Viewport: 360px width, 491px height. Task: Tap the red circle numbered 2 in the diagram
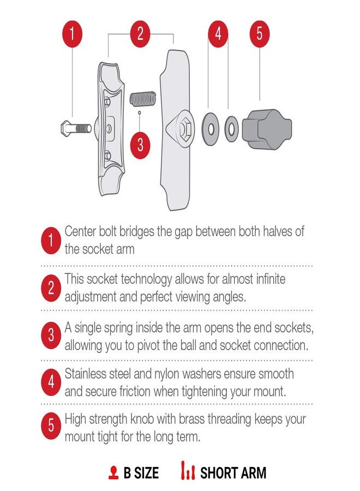[140, 33]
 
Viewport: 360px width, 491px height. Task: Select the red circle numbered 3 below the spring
[140, 145]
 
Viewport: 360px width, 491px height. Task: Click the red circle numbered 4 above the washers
[218, 33]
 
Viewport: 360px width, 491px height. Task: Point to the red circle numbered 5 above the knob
[260, 33]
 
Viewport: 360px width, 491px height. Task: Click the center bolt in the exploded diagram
[74, 129]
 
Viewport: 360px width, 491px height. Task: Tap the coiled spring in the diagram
[142, 99]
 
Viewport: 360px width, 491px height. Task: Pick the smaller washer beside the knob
[231, 129]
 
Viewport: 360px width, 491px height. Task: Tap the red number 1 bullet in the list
[51, 241]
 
